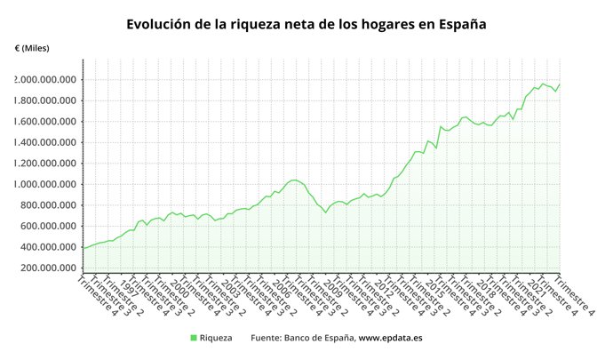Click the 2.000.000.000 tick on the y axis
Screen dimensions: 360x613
coord(44,80)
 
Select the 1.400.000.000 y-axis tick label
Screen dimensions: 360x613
coord(44,142)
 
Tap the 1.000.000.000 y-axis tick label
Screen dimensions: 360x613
coord(44,184)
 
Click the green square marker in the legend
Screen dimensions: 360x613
coord(194,338)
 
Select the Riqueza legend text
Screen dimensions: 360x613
coord(216,338)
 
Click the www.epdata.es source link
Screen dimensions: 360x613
coord(390,338)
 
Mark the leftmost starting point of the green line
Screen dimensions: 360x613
coord(84,248)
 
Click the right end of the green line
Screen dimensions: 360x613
coord(561,84)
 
